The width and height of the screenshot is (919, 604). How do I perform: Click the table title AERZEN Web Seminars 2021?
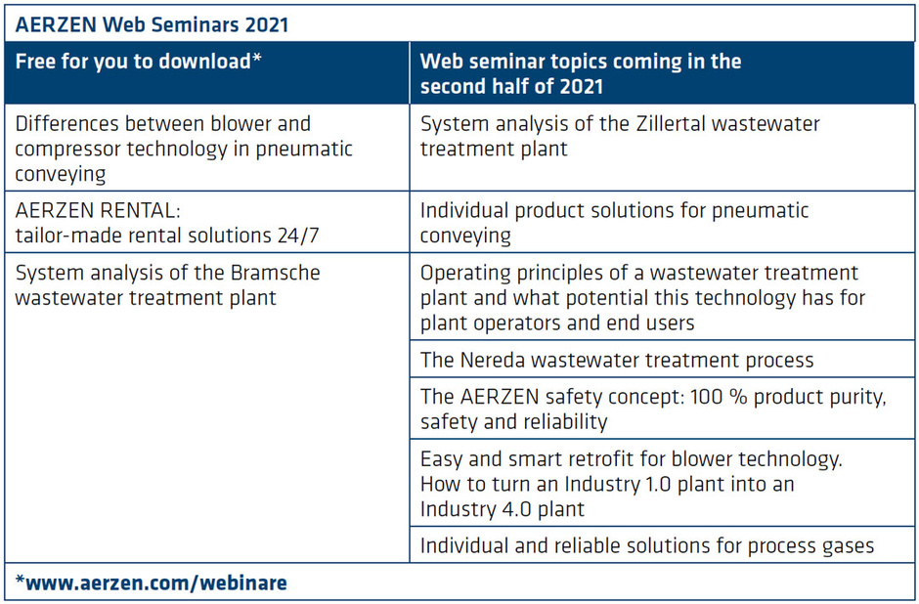(152, 24)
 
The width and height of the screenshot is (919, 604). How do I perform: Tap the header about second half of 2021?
(581, 74)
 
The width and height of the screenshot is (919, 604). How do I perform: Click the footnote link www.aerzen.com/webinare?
(152, 582)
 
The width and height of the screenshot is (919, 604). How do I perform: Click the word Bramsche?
(276, 273)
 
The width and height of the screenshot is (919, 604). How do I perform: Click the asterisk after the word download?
(257, 58)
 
